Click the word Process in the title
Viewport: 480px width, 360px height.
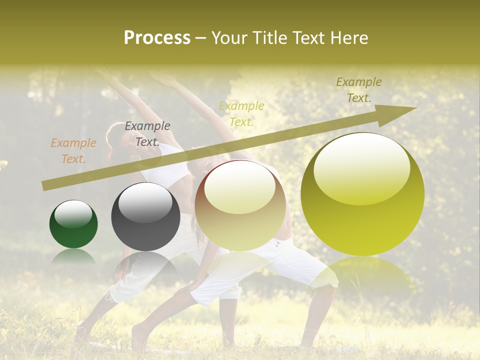click(157, 38)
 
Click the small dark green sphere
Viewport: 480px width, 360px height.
click(73, 224)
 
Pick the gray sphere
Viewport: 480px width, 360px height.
click(145, 217)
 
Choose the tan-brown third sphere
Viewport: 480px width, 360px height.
click(240, 206)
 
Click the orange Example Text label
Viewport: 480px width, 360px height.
click(73, 151)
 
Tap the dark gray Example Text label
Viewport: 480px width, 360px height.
click(147, 134)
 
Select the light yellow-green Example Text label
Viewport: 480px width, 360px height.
click(241, 113)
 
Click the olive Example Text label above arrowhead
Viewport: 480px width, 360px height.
click(358, 90)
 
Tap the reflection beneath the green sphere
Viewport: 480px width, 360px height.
click(73, 256)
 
